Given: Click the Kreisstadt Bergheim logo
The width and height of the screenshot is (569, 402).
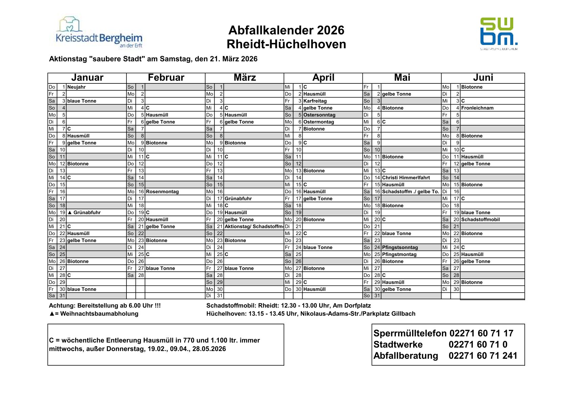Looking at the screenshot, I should pos(99,33).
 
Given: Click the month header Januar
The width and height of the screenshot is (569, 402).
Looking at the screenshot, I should pos(87,78).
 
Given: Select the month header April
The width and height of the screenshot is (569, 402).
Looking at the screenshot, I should pos(323,78).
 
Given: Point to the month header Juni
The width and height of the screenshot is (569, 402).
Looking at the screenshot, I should pos(483,78).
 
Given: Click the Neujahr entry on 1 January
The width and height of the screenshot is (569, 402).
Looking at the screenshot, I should pos(76,87).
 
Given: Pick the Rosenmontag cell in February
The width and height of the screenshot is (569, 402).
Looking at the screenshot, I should pos(162,192).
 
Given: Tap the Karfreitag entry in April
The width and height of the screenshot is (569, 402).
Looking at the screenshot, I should pos(315,101).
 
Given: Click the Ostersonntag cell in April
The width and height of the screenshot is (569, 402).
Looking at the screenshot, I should pos(319,115).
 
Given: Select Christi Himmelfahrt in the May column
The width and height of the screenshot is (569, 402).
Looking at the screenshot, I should pos(406,178).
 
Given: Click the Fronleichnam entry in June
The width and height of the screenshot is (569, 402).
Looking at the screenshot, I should pos(477,108).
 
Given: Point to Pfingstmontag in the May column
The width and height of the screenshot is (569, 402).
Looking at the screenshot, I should pos(399,254).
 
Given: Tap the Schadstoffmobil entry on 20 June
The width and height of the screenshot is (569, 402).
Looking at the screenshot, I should pos(480,220).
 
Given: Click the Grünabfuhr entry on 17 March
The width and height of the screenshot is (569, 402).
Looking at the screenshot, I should pos(238,199).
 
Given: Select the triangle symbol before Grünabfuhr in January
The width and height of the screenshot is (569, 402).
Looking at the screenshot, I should pos(70,212).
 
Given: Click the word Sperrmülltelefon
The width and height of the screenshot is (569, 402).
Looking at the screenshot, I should pos(410,333).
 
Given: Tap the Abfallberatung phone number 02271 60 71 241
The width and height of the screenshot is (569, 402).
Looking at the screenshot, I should pos(483,356).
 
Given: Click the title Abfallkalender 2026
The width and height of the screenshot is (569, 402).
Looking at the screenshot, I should pos(286,30).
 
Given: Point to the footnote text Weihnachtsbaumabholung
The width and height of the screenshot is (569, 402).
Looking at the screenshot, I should pos(99,314).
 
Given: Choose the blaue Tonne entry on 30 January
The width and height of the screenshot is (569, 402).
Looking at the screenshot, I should pos(81,289).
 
